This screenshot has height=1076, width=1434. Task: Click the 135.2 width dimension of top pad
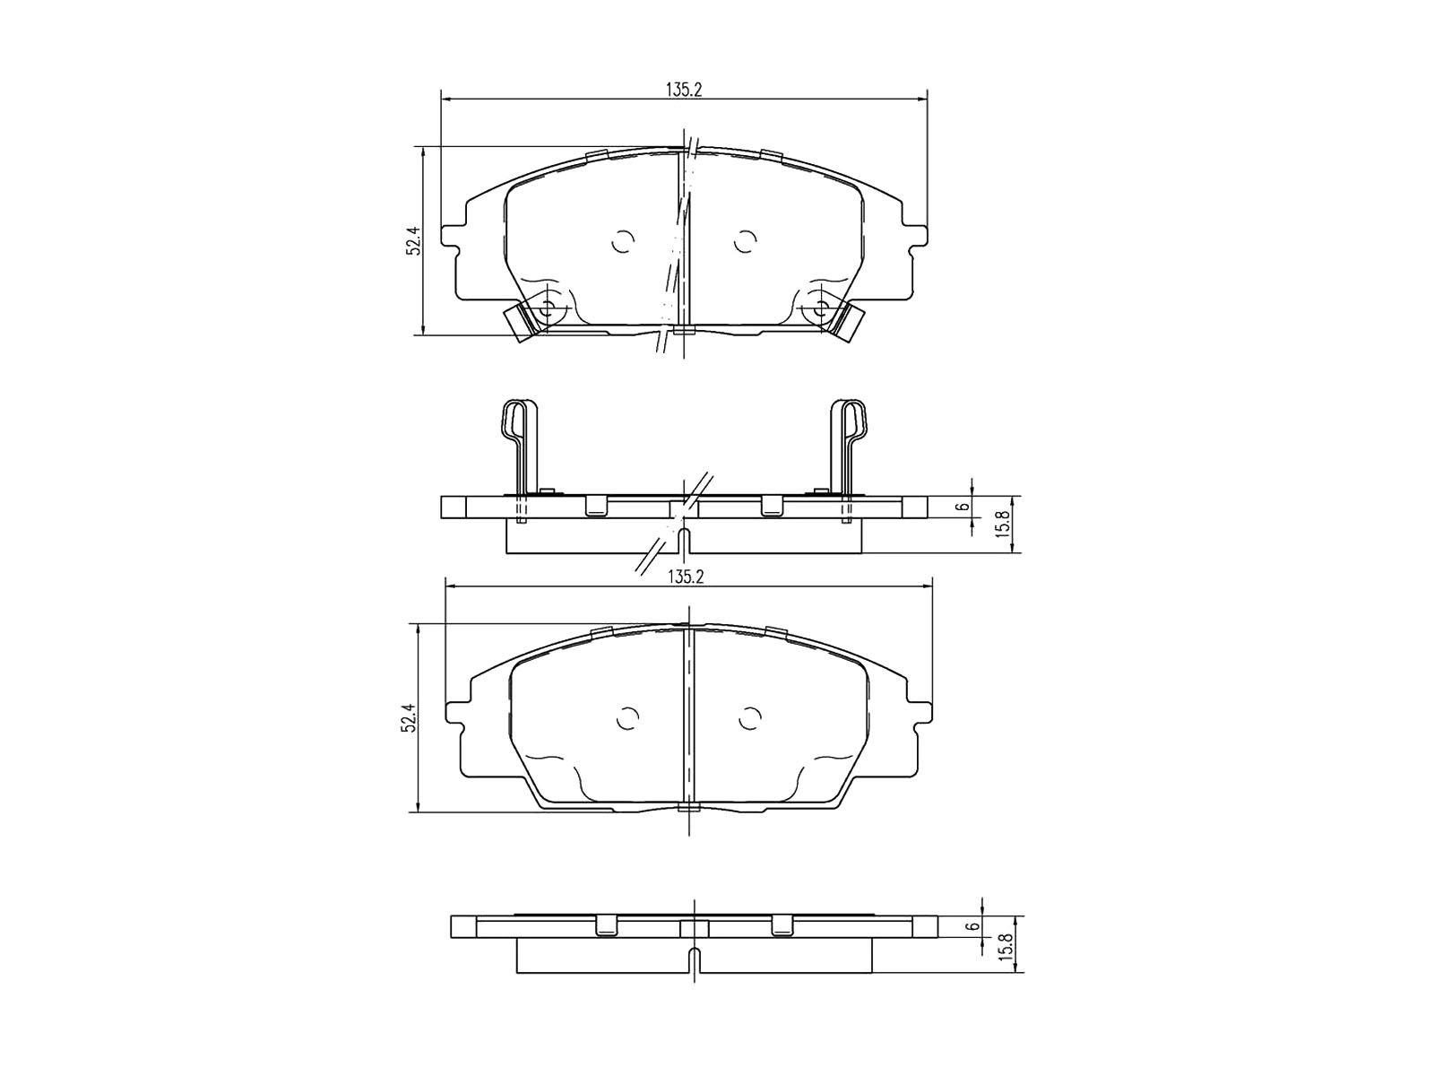(683, 90)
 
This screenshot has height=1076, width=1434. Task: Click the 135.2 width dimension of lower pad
(686, 578)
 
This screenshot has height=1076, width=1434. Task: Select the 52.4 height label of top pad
(413, 241)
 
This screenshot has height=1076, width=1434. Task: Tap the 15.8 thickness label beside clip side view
(1005, 525)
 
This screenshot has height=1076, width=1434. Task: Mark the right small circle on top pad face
(744, 241)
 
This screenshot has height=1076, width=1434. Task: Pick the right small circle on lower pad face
(750, 719)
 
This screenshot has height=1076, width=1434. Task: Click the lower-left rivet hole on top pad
(549, 308)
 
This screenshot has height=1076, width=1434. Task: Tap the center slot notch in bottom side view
(695, 961)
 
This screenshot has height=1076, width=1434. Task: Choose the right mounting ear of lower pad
(920, 717)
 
